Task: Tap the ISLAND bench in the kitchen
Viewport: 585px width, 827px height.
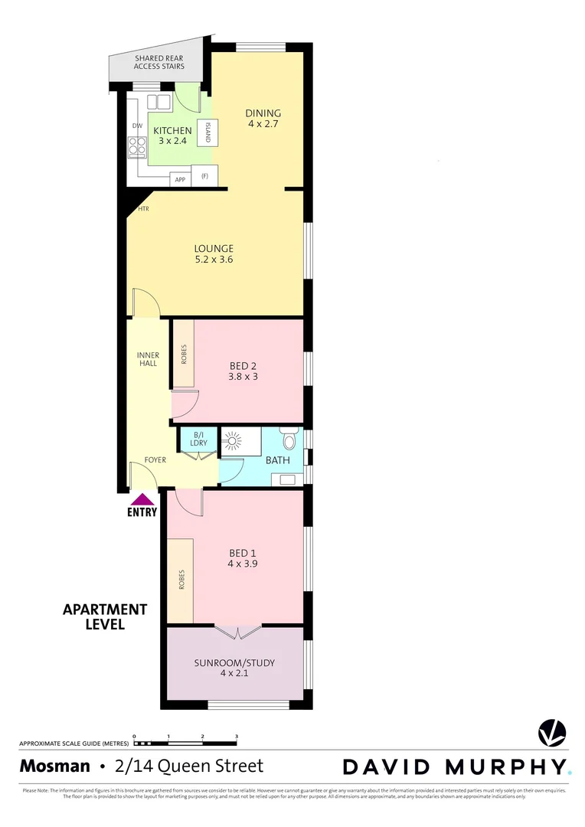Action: tap(206, 135)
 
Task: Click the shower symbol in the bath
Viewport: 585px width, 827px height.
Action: tap(231, 441)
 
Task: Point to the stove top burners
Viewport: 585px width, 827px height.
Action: tap(137, 146)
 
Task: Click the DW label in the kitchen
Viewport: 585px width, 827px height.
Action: tap(137, 126)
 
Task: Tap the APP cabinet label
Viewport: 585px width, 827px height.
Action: tap(181, 179)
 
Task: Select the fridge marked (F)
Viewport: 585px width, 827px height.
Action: tap(204, 176)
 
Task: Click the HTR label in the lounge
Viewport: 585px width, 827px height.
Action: tap(143, 208)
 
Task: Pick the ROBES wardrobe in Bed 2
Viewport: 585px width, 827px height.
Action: tap(183, 353)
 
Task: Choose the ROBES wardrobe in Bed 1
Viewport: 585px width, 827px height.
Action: tap(181, 580)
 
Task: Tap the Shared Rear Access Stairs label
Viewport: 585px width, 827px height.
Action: tap(159, 62)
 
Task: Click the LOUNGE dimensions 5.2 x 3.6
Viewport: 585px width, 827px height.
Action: tap(214, 260)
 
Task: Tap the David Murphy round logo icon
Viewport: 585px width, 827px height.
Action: tap(551, 731)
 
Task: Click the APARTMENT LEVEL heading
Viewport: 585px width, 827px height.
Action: tap(104, 616)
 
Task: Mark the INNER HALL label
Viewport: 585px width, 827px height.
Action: tap(148, 359)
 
